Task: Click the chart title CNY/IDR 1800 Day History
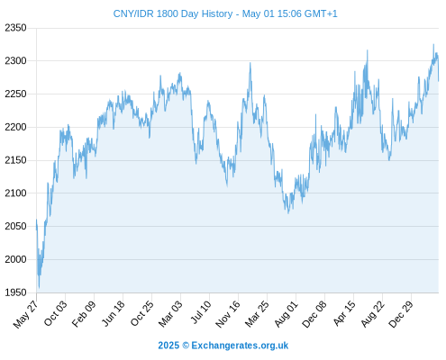[173, 13]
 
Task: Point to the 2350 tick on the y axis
[15, 28]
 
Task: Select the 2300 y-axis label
[15, 61]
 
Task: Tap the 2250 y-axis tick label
[15, 94]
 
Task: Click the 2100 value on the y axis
[15, 193]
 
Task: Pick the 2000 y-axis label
[15, 259]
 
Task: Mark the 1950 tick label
[15, 292]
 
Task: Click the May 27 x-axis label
[26, 314]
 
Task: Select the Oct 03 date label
[56, 313]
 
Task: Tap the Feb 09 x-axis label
[84, 314]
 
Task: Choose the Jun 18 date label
[114, 313]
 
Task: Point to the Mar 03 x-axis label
[170, 314]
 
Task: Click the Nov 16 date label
[228, 314]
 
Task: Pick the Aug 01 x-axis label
[287, 314]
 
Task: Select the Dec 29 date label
[401, 314]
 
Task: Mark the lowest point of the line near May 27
[39, 288]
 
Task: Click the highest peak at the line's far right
[433, 44]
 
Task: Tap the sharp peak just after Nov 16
[250, 63]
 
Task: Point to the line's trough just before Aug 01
[288, 213]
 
